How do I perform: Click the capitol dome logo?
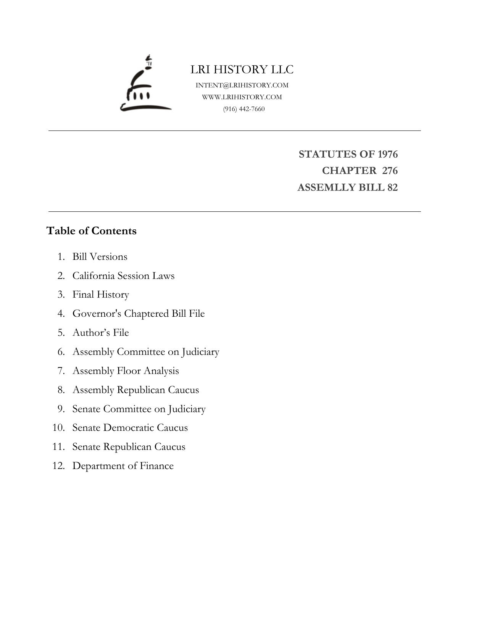[x=145, y=84]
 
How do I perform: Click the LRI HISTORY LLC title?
[x=242, y=69]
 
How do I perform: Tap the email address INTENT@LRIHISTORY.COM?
[x=242, y=85]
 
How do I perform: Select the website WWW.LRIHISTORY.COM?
[x=242, y=97]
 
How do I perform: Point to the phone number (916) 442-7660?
[x=244, y=109]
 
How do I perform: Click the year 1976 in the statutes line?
[x=387, y=154]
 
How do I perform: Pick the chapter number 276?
[x=390, y=171]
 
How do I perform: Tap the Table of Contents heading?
[x=91, y=231]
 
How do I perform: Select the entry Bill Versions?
[x=100, y=256]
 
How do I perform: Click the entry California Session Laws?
[x=123, y=276]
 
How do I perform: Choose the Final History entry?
[x=101, y=295]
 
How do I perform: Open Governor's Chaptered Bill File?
[x=139, y=313]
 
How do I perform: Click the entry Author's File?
[x=101, y=332]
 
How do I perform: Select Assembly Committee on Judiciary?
[x=146, y=351]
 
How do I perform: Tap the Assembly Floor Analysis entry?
[x=126, y=371]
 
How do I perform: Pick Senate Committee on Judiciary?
[x=139, y=409]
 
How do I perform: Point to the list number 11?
[x=59, y=446]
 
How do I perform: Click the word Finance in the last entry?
[x=156, y=466]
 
